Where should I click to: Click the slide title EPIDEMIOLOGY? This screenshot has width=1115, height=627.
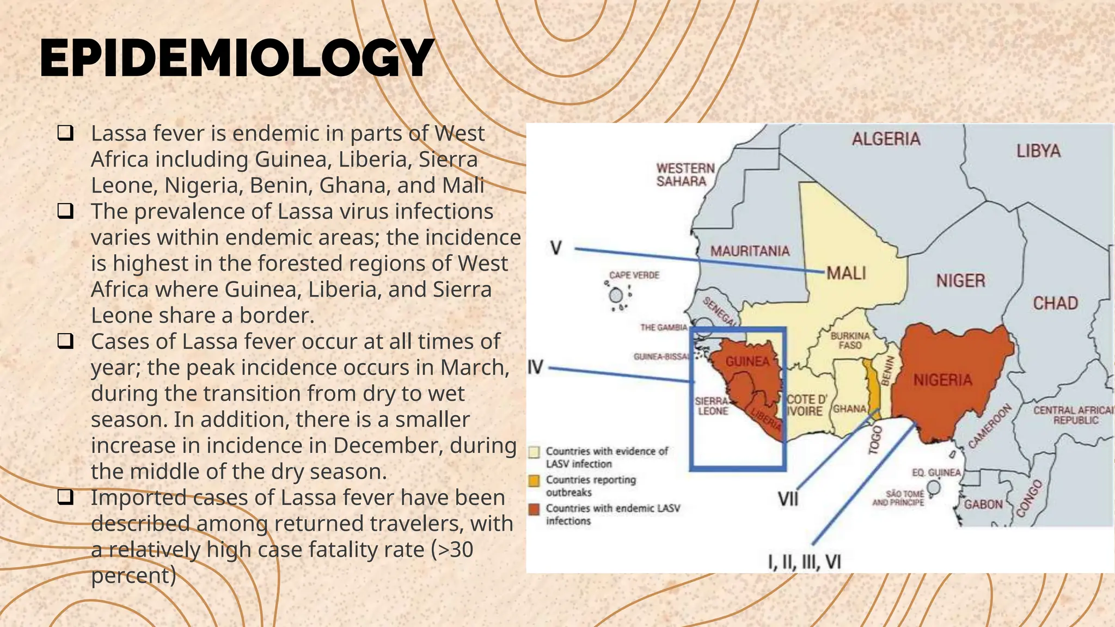click(x=237, y=58)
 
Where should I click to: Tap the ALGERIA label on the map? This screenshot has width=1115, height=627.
click(x=886, y=139)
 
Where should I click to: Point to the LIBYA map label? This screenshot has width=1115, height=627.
click(x=1038, y=151)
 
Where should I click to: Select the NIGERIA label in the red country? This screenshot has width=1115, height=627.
click(x=942, y=380)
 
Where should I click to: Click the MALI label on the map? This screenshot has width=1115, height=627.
click(x=846, y=273)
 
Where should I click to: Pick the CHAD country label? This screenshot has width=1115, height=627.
click(x=1055, y=303)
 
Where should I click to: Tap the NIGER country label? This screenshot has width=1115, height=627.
click(x=960, y=281)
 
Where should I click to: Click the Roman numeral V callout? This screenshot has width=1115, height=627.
click(x=555, y=248)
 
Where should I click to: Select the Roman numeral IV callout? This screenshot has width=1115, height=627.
click(x=536, y=367)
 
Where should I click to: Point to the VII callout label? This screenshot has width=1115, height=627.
click(x=787, y=499)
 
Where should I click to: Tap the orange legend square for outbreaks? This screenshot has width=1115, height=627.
click(x=535, y=481)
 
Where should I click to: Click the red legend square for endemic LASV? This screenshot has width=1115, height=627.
click(x=535, y=509)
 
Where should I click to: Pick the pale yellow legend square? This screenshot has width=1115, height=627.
click(x=535, y=452)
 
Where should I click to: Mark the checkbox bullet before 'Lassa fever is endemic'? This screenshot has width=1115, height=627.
click(x=65, y=133)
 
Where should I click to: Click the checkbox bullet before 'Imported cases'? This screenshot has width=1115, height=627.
click(x=65, y=497)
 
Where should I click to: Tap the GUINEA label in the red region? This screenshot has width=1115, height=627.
click(x=747, y=362)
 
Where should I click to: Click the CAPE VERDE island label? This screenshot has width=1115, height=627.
click(x=634, y=275)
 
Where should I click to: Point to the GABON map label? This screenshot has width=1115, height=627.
click(x=983, y=505)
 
